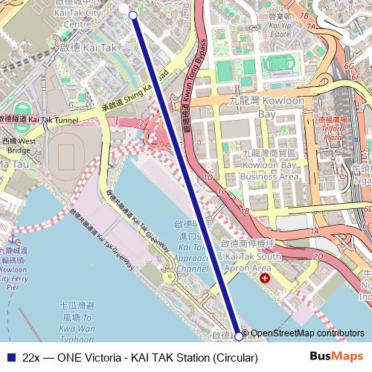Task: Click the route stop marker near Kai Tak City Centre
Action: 132,15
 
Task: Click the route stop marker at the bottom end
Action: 239,336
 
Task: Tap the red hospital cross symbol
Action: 265,278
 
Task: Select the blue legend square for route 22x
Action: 10,358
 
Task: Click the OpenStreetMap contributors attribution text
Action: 307,333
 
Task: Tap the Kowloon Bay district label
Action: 280,107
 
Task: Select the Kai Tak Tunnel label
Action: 46,119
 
